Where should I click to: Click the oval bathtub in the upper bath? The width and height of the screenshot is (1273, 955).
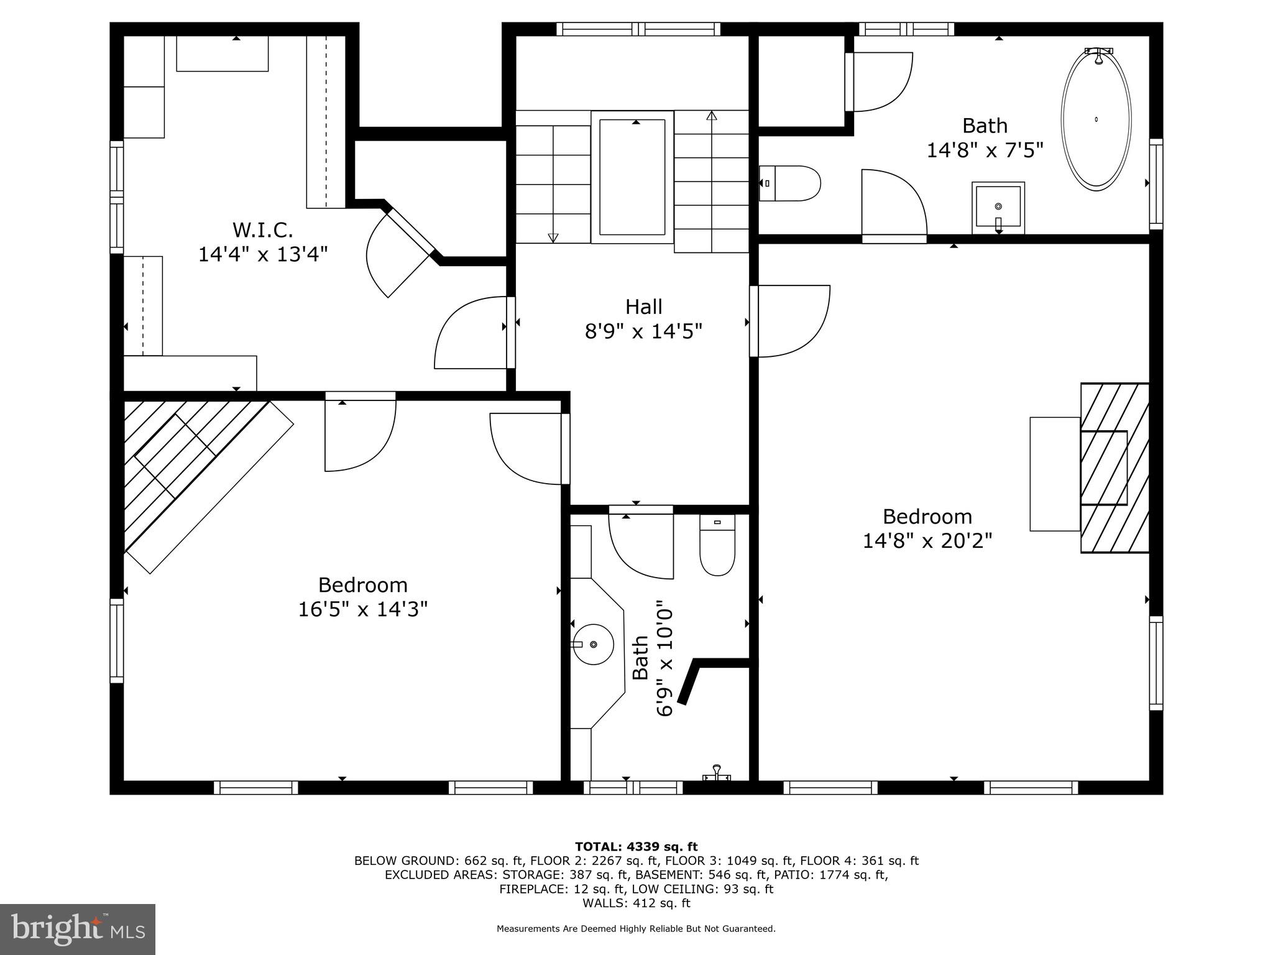1096,119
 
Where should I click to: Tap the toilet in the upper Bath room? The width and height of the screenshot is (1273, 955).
791,183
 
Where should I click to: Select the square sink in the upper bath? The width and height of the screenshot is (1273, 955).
998,207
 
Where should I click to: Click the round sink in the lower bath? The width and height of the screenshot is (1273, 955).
593,644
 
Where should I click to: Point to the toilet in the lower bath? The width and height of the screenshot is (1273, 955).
717,545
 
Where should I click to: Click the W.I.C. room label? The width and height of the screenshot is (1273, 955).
262,230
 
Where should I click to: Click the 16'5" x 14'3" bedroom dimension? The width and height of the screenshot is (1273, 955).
362,609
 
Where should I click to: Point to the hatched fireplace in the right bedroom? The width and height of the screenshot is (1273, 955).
1114,468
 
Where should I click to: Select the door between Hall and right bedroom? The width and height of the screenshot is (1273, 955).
789,321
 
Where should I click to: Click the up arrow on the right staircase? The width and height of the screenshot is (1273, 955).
712,116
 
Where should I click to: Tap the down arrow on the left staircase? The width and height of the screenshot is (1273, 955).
553,237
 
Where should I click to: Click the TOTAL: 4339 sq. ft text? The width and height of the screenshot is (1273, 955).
636,846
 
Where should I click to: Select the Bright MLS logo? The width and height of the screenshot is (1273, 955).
78,929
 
